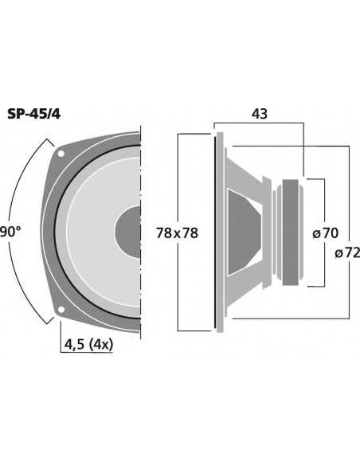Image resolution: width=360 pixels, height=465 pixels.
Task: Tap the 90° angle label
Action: click(x=10, y=232)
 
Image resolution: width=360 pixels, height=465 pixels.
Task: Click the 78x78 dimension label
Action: click(x=177, y=232)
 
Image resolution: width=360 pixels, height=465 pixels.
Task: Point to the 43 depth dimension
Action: click(x=259, y=114)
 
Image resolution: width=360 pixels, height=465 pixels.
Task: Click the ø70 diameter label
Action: click(x=326, y=232)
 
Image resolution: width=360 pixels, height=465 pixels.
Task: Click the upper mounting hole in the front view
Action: click(x=61, y=152)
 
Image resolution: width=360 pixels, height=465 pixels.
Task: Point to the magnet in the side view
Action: click(x=290, y=232)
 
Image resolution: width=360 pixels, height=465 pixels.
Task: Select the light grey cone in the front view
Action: click(x=96, y=199)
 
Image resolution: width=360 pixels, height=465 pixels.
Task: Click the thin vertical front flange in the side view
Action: click(x=217, y=232)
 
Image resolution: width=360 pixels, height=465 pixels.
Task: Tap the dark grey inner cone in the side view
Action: click(x=243, y=232)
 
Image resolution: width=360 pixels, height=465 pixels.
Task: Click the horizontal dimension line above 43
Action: click(x=259, y=123)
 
